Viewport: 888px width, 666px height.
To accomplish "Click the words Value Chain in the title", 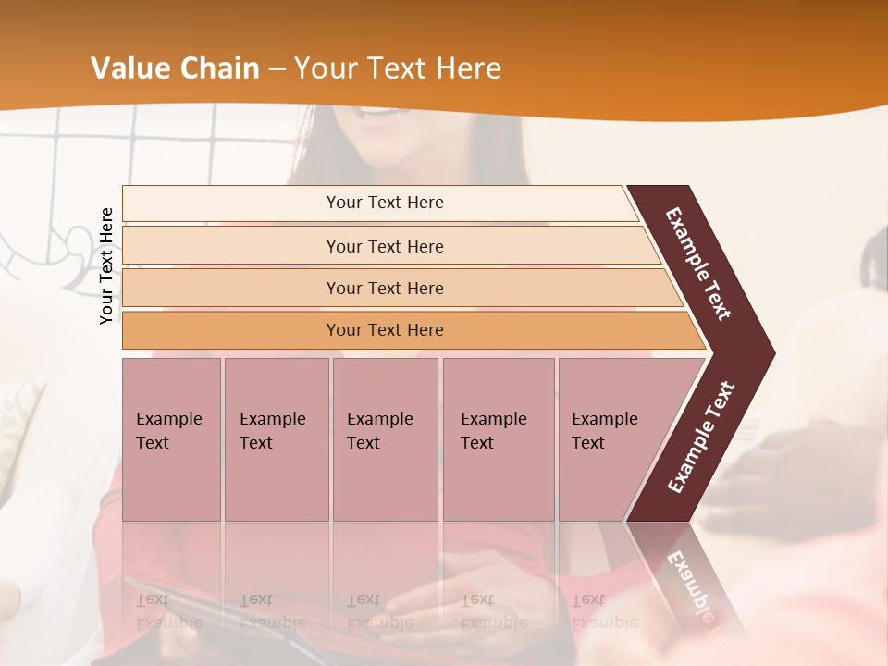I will pos(175,68).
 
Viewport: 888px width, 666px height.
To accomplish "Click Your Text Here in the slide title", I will pos(398,68).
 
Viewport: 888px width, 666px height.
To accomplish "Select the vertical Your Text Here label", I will pos(106,265).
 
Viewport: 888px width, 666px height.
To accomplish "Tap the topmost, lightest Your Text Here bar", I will pos(384,203).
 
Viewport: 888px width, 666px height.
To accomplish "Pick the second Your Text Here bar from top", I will pos(384,246).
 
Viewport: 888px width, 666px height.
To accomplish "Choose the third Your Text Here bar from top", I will pos(384,288).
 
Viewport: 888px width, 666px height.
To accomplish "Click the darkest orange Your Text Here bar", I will pos(384,330).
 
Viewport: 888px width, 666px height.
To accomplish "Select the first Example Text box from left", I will pos(171,438).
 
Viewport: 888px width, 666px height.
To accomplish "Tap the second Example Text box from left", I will pos(276,438).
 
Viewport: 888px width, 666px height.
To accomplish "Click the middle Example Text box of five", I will pos(385,438).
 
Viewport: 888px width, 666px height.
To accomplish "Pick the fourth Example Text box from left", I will pos(498,438).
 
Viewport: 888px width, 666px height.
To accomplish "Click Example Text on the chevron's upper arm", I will pos(699,264).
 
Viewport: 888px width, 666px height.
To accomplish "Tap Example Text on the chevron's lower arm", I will pos(701,437).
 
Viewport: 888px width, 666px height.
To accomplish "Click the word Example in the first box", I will pos(168,419).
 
